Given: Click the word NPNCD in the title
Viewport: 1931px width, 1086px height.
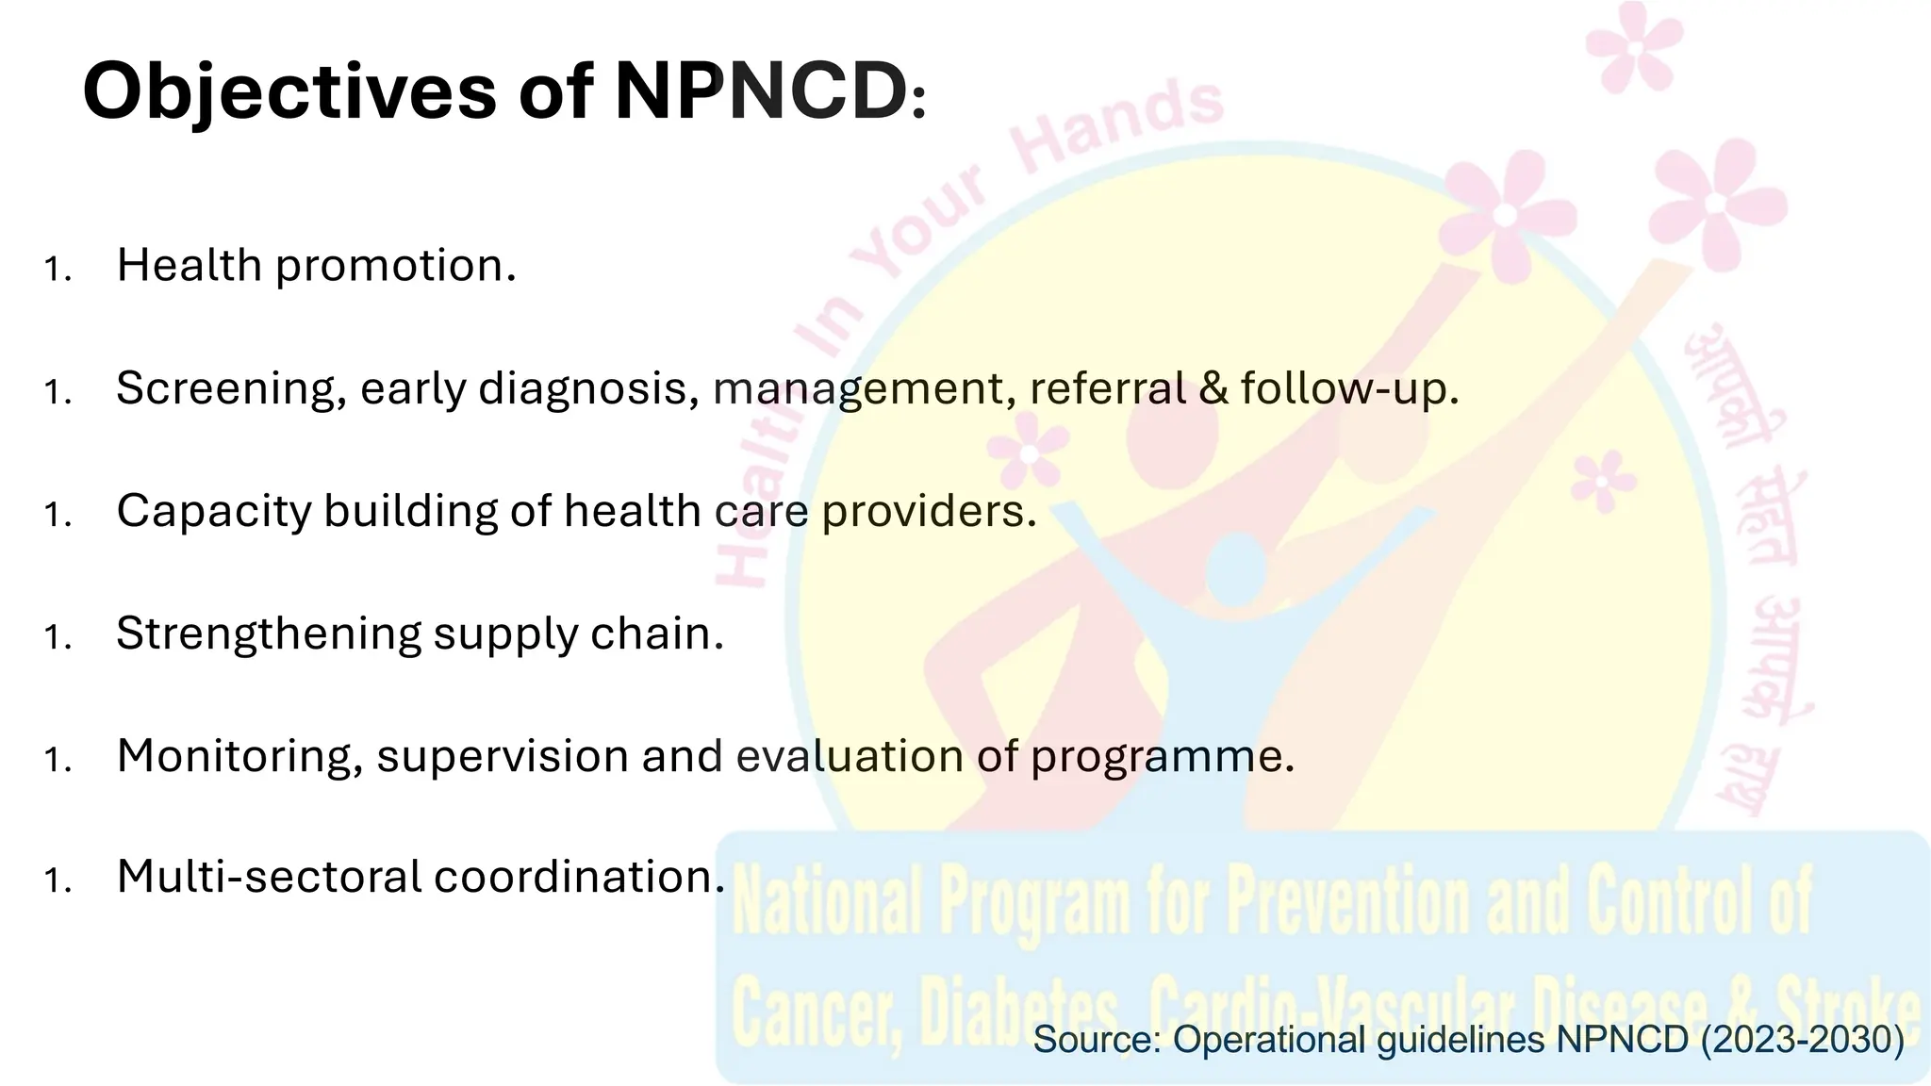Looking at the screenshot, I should point(761,91).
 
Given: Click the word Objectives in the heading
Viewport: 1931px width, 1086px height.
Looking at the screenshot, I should point(289,91).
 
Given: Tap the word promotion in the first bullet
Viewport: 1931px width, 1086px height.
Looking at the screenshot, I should point(396,266).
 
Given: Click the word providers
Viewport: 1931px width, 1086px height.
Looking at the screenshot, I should point(929,511).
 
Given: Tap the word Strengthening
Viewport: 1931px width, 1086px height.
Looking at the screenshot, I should point(268,633).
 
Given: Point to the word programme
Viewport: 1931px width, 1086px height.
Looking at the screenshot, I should point(1162,756).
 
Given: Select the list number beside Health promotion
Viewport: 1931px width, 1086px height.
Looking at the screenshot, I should point(58,270).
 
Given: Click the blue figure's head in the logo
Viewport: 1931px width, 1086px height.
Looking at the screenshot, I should point(1235,568).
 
